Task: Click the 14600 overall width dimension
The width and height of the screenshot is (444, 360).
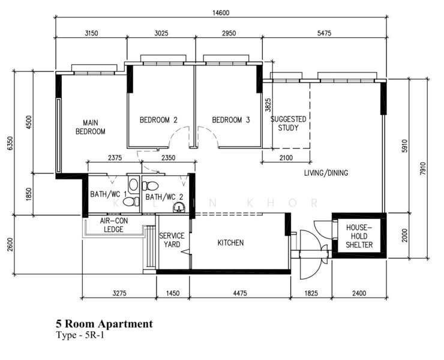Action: point(221,13)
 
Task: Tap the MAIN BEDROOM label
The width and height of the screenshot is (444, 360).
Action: point(91,127)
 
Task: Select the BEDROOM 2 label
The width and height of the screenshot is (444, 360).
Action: point(158,120)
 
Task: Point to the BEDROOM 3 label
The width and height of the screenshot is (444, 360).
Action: point(231,120)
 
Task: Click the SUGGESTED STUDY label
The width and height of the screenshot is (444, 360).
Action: point(288,124)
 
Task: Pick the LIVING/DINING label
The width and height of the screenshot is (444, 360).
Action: point(326,173)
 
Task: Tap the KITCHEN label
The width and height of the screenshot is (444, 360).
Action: point(230,243)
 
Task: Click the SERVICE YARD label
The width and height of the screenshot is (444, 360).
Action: point(172,240)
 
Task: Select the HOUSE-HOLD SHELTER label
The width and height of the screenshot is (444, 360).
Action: point(359,236)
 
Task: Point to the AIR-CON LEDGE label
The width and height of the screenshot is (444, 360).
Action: point(113,225)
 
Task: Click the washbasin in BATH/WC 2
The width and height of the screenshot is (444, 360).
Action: point(179,208)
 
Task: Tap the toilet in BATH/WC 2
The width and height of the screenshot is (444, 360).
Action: point(150,186)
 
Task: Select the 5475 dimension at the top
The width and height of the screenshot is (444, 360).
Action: point(324,34)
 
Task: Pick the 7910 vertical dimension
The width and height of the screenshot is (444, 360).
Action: point(423,169)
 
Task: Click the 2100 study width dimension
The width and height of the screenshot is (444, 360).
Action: point(286,158)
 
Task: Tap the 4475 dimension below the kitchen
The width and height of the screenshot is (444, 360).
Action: point(240,293)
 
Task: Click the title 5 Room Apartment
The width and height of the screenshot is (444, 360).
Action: point(104,324)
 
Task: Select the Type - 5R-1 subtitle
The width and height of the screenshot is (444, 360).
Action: point(80,335)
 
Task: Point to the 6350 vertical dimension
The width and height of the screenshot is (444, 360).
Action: point(10,143)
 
